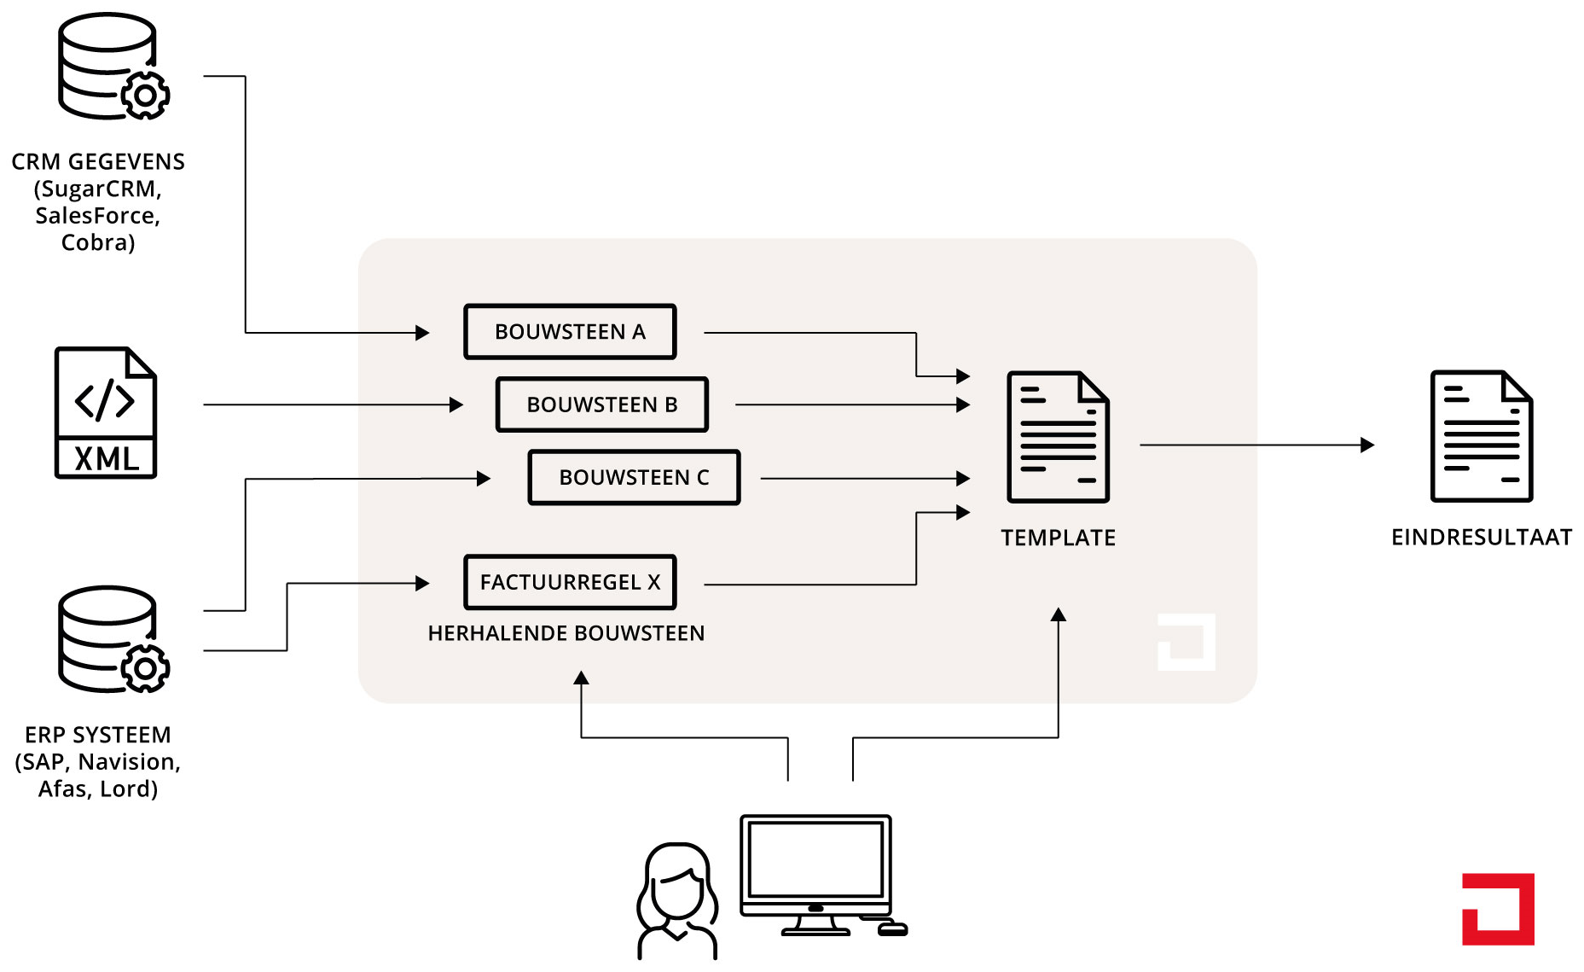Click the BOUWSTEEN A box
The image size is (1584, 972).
(x=570, y=332)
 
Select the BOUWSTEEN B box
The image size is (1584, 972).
(x=602, y=405)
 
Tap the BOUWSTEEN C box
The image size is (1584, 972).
(x=634, y=478)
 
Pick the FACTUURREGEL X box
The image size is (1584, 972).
(x=570, y=583)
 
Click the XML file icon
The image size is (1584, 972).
(x=106, y=412)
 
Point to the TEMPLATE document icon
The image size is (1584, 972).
(x=1058, y=437)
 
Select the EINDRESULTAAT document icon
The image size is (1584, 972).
(x=1482, y=436)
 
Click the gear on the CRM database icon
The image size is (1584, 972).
(x=145, y=96)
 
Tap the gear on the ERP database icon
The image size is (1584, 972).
(x=145, y=669)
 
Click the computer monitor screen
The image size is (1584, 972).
(x=815, y=859)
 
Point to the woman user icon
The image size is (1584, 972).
(x=677, y=901)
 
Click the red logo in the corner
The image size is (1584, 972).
(x=1498, y=909)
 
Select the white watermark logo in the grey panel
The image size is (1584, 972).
(x=1187, y=642)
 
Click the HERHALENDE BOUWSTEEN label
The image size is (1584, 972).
(x=566, y=633)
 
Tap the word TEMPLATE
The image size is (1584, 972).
(x=1058, y=538)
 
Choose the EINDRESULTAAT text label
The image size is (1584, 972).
(x=1482, y=537)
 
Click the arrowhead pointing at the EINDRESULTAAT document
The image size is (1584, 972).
(x=1367, y=445)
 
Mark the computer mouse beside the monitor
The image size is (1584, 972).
(x=893, y=929)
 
